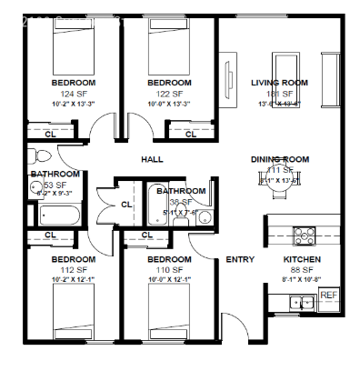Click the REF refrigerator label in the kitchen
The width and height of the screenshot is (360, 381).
tap(327, 296)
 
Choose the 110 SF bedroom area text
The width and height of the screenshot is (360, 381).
tap(170, 270)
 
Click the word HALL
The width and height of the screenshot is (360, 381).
tap(151, 160)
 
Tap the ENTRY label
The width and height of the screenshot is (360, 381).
tap(240, 260)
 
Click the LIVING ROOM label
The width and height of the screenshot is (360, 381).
tap(279, 83)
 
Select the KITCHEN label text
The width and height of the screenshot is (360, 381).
tap(301, 259)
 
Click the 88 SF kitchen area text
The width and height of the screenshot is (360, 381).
tap(301, 270)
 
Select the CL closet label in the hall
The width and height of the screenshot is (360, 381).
tap(126, 205)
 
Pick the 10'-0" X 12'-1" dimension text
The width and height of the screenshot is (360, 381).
tap(170, 280)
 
